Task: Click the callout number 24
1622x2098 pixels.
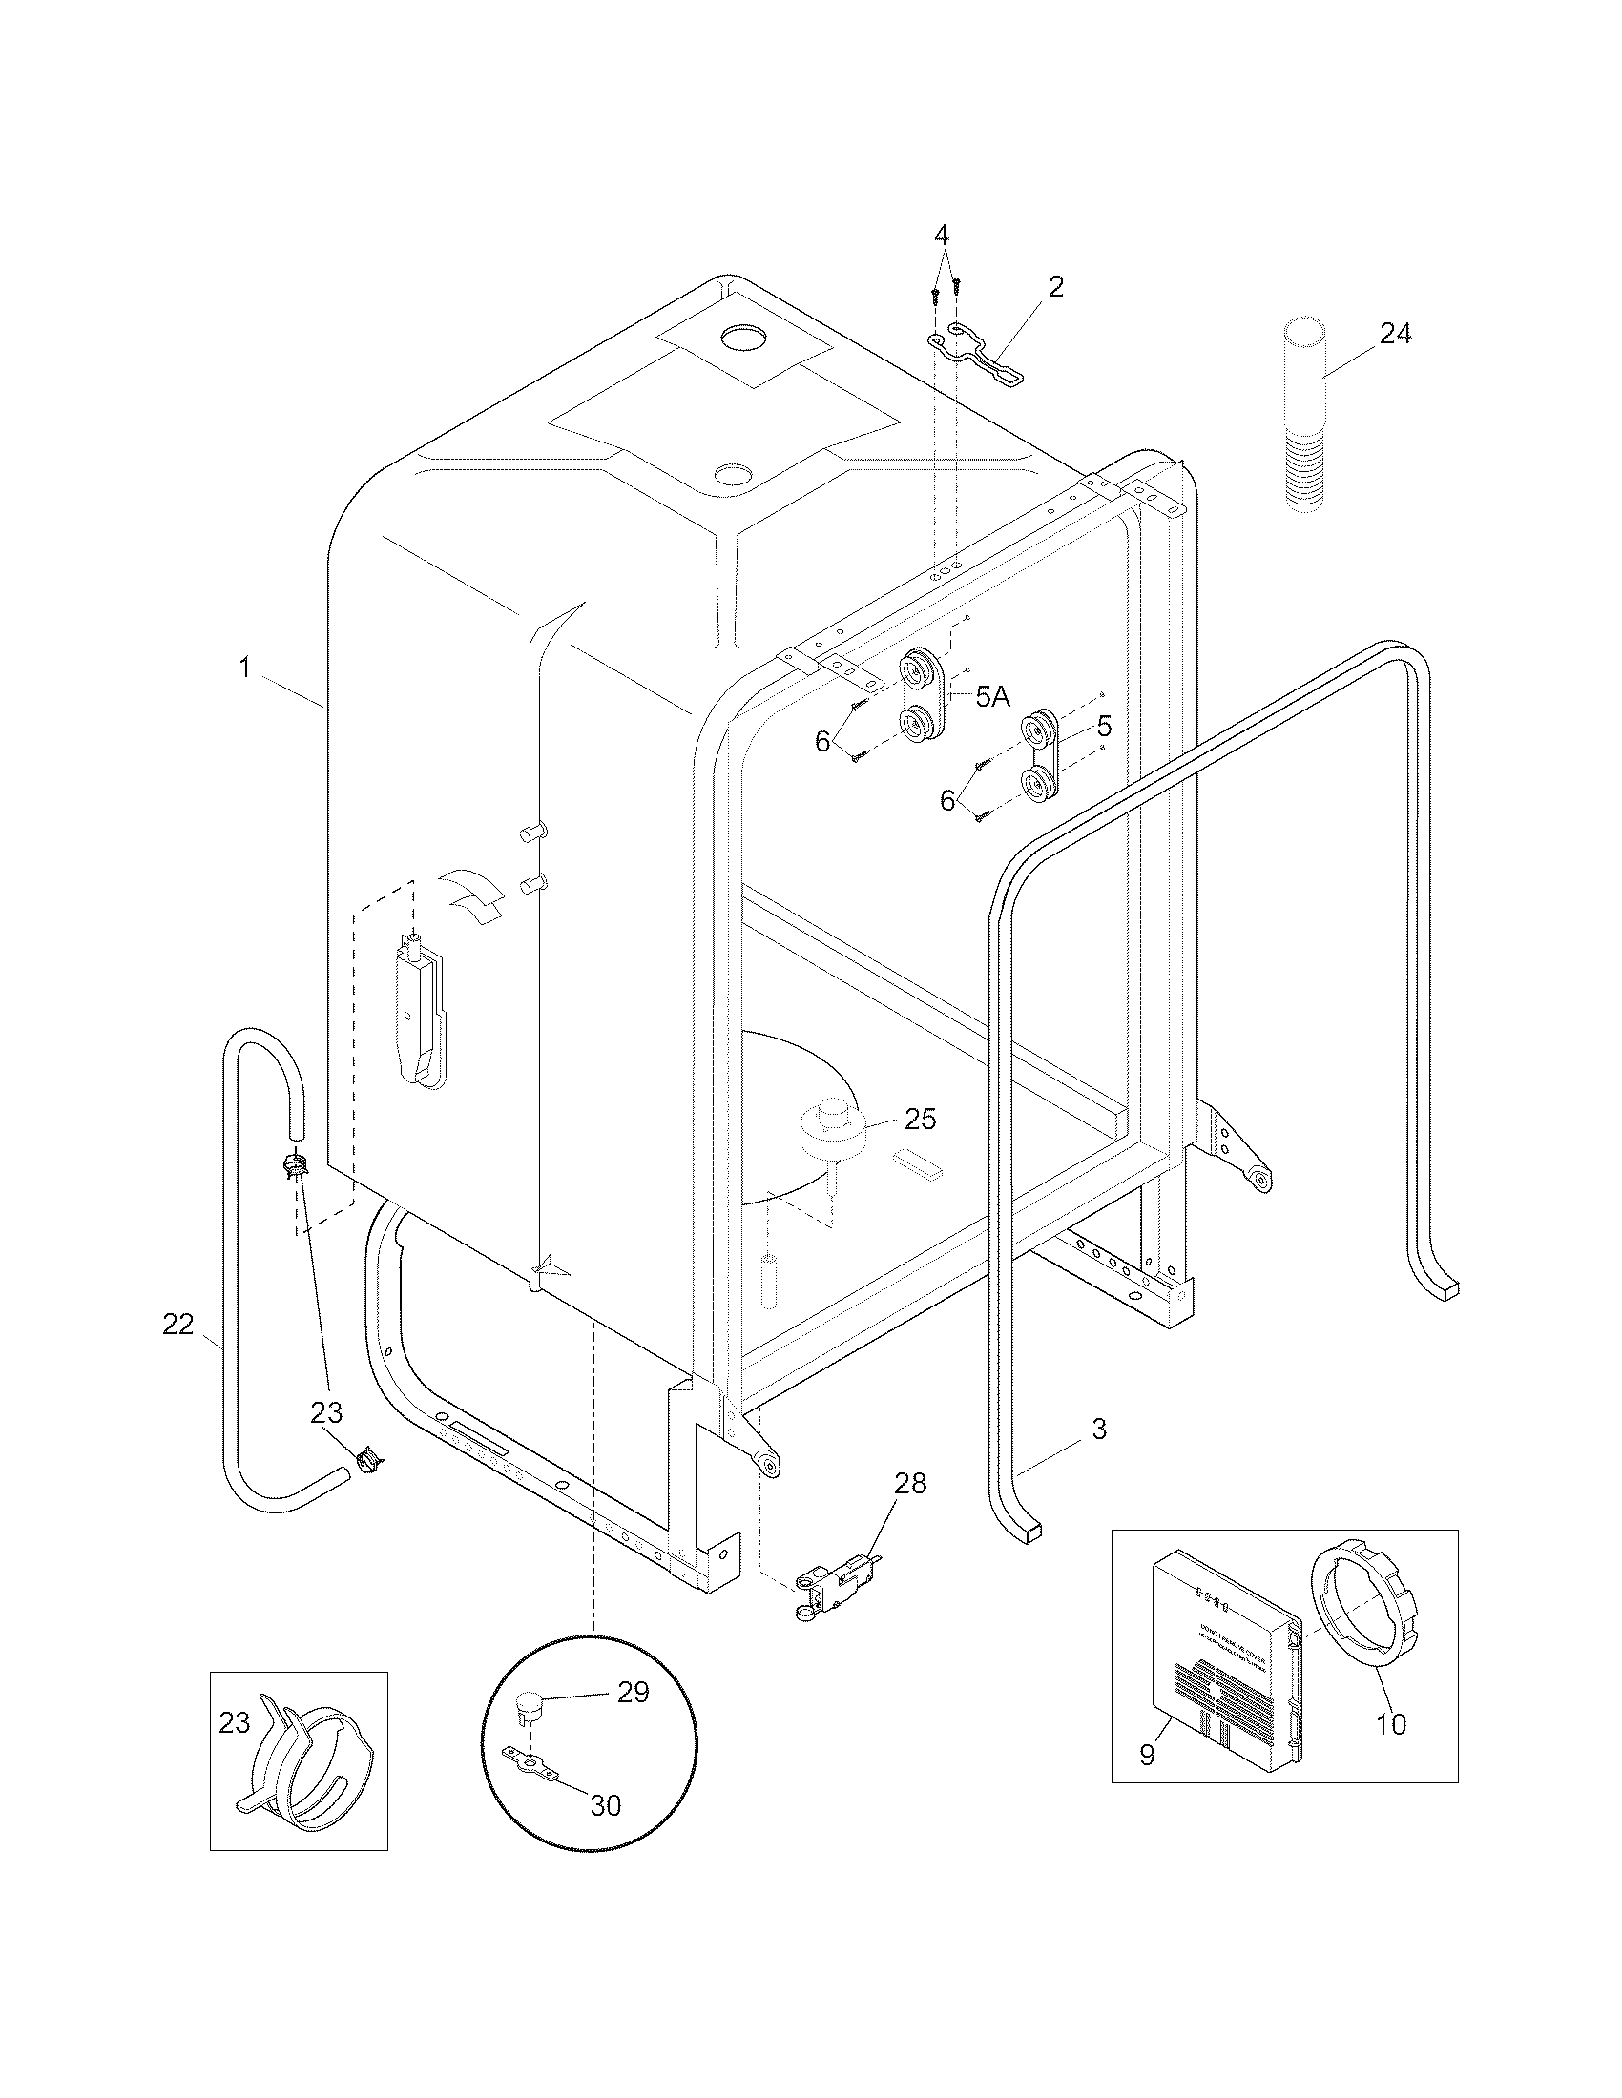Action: click(1395, 335)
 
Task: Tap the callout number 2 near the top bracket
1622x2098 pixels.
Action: click(1055, 286)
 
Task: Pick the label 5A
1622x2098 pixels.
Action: click(992, 697)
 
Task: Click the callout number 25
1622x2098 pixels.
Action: click(920, 1120)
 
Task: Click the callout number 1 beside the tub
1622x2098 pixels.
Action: click(245, 668)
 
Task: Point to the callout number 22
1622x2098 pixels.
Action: click(177, 1325)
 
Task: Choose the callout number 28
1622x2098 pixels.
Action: click(910, 1483)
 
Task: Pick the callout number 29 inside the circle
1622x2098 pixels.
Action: click(634, 1718)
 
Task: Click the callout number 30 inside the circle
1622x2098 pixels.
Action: click(605, 1805)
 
